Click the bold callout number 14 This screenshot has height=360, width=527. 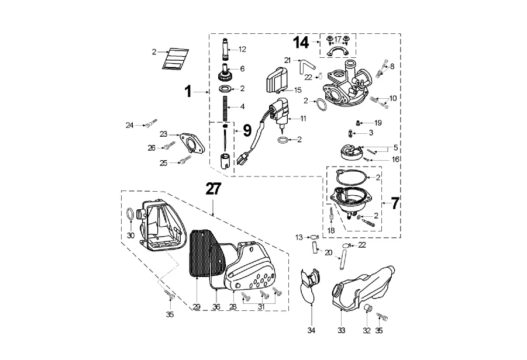(x=301, y=43)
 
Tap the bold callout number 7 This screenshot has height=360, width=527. (x=395, y=203)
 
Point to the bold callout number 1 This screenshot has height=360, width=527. (x=188, y=92)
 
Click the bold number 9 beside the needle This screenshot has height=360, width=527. (x=247, y=129)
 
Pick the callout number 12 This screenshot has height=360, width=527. (x=243, y=49)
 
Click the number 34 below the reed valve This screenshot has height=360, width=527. (x=312, y=331)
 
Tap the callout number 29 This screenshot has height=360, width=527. (x=197, y=306)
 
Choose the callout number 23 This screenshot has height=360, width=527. (x=164, y=134)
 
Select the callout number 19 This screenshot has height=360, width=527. (x=378, y=123)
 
